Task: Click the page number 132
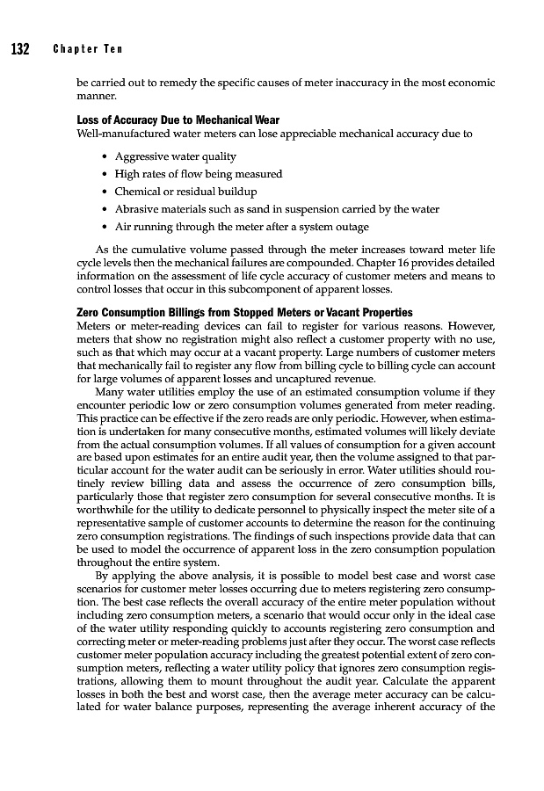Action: (x=20, y=49)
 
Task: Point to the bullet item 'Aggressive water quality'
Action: (x=176, y=156)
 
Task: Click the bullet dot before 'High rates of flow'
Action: (x=106, y=174)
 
